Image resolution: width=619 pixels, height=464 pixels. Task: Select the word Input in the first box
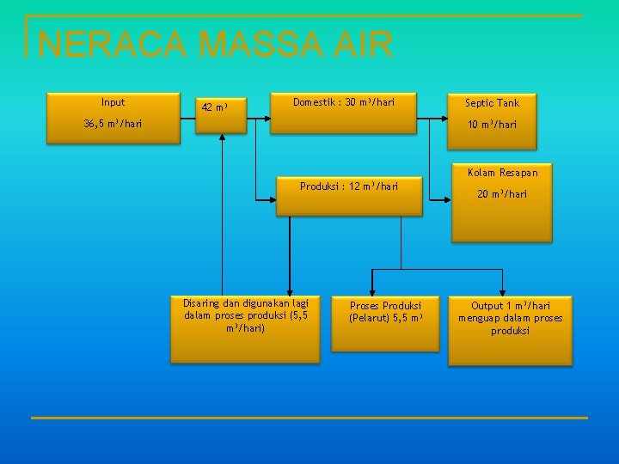point(113,102)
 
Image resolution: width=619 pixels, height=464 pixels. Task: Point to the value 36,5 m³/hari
point(113,124)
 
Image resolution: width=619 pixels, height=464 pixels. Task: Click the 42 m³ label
point(214,107)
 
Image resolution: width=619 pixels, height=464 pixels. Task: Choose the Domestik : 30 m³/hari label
point(344,102)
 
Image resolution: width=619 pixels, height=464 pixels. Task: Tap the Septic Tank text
point(492,103)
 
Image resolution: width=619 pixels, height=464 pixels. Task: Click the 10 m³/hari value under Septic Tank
point(492,125)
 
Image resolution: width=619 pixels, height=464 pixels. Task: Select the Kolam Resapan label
point(502,173)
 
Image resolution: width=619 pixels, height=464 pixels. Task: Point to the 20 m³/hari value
point(502,194)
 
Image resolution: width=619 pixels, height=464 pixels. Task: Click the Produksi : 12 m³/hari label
point(348,186)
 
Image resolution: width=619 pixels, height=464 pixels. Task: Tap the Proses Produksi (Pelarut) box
point(384,324)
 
